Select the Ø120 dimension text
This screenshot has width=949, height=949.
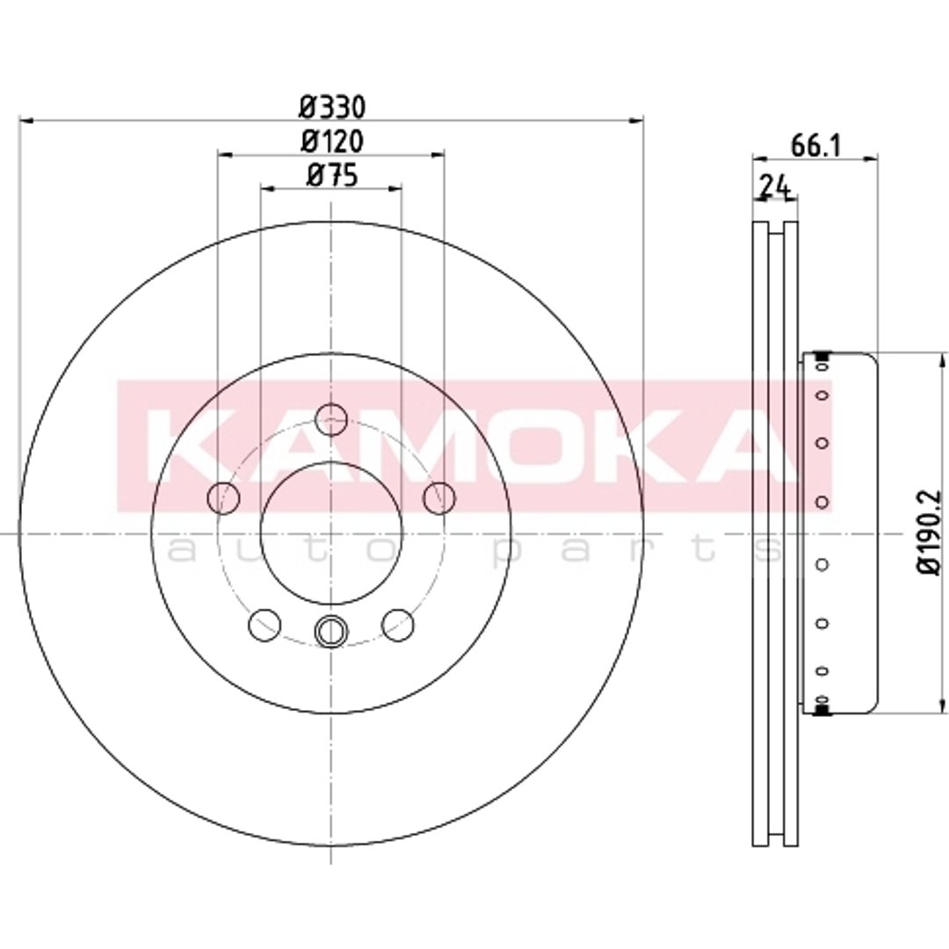[332, 142]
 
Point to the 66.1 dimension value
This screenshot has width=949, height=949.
[815, 146]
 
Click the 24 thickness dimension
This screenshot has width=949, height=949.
[775, 185]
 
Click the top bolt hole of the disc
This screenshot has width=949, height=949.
[331, 418]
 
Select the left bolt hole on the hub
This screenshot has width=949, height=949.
[223, 497]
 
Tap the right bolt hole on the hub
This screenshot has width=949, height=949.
[438, 497]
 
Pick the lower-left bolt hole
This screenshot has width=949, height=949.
[264, 626]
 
